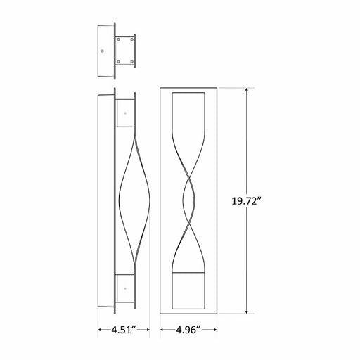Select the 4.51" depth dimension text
(117, 329)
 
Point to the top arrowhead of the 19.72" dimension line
(246, 90)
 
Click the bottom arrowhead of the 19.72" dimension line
(246, 311)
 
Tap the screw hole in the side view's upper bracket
(124, 112)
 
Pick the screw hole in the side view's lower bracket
(124, 287)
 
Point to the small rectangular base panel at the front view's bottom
(189, 290)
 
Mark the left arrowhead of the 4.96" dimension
(162, 329)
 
